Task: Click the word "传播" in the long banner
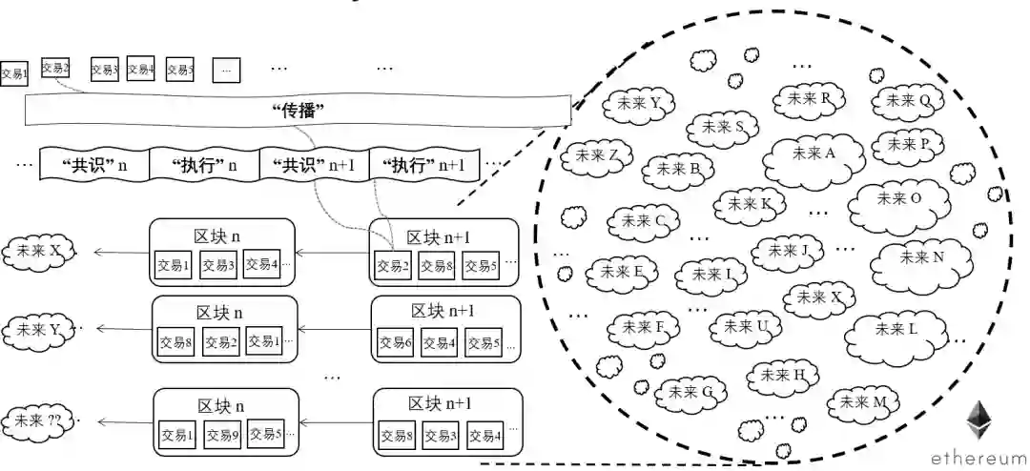(299, 112)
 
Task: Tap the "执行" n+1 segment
(423, 164)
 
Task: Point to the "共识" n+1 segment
(314, 164)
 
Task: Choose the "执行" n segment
(204, 164)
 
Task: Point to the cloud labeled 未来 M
(866, 401)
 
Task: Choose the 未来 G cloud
(691, 392)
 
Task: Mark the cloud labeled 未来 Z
(598, 155)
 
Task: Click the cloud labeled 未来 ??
(40, 420)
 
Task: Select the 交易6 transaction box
(395, 342)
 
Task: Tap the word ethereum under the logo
(979, 456)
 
